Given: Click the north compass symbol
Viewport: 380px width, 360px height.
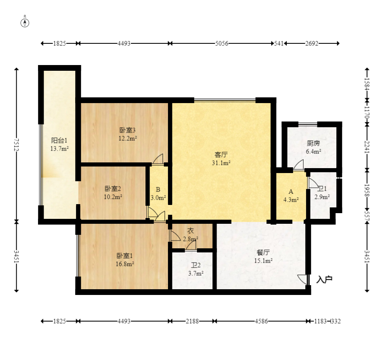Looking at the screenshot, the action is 25,22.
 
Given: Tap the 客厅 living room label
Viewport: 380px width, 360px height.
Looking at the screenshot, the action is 221,155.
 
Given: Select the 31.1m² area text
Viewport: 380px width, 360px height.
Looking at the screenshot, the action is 221,163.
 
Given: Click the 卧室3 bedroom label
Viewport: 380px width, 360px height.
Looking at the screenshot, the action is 127,130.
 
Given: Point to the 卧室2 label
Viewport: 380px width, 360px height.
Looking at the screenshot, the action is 113,189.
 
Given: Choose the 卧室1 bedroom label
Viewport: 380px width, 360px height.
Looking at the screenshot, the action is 125,256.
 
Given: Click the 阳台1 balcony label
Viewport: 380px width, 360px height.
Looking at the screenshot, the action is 59,140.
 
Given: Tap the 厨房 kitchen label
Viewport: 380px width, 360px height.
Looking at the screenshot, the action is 313,143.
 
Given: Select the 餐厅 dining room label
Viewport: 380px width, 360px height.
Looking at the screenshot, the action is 263,252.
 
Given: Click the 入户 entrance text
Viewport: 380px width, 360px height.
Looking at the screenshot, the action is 324,280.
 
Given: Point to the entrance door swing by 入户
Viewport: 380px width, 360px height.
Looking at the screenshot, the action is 303,279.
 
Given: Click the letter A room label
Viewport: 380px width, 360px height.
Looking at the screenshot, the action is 291,191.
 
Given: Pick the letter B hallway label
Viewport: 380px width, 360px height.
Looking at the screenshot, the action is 158,189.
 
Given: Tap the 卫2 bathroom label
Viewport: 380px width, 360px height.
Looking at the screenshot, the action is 196,265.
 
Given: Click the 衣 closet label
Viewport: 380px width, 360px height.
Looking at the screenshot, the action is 191,231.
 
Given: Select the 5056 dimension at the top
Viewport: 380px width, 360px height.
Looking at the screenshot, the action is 222,43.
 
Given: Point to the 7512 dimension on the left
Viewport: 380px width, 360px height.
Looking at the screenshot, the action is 16,145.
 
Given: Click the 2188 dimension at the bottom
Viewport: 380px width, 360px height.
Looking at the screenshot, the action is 192,321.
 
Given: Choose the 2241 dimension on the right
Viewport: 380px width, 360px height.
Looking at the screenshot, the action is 367,147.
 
